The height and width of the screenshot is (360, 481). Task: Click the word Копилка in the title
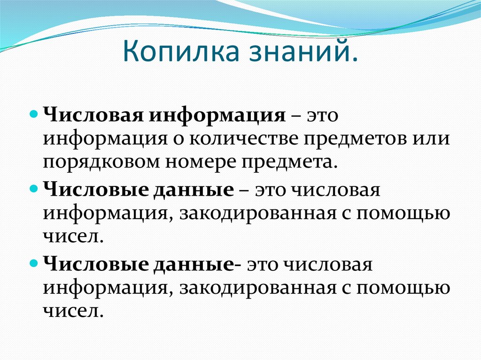[181, 51]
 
